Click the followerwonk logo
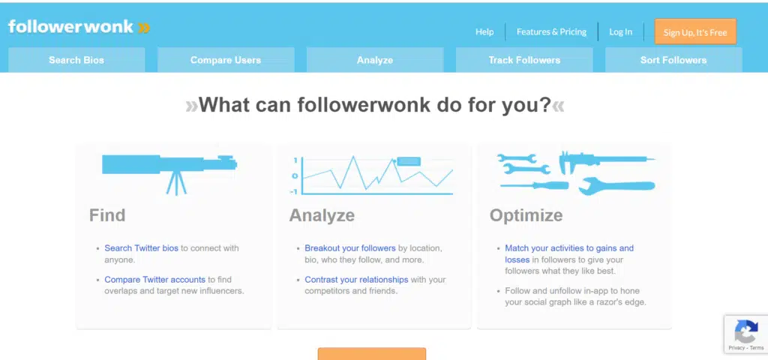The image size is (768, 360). coord(79,27)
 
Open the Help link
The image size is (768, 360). coord(484,31)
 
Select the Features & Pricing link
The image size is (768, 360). coord(551,31)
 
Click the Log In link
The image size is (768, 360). coord(620,31)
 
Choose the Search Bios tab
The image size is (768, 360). coord(76,60)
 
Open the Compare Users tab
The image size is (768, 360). coord(226,60)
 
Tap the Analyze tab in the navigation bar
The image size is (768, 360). coord(375,60)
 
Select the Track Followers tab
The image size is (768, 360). coord(524,60)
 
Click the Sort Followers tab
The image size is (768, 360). coord(673,60)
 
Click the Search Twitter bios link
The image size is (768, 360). coord(142,248)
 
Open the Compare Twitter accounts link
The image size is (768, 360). coord(154,280)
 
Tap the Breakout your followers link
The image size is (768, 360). coord(350,248)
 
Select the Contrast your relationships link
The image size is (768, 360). coord(356,280)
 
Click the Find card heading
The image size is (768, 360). coord(107,215)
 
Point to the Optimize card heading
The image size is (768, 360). coord(526,215)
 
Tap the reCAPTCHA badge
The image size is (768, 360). coord(746,334)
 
